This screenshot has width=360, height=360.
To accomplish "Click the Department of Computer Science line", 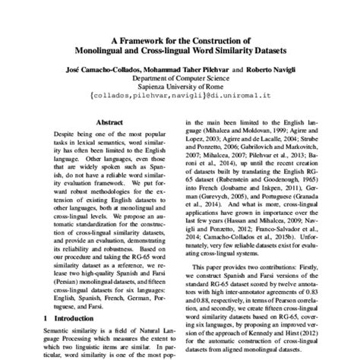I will point(179,77).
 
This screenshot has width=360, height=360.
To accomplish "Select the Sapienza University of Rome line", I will point(179,87).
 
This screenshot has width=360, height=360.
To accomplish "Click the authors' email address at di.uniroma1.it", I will point(179,96).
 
